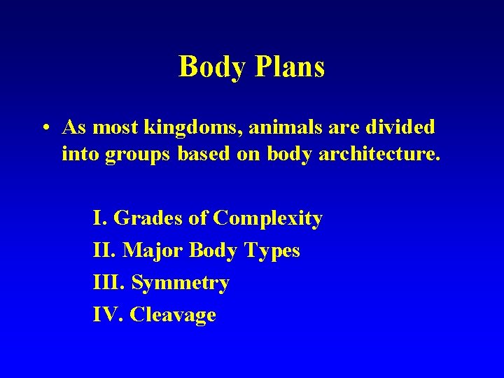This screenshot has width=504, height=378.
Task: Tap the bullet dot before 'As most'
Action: [x=44, y=128]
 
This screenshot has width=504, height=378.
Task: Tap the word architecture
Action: [x=379, y=154]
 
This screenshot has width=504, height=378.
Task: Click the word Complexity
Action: [x=267, y=218]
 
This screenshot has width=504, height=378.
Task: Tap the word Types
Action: [x=272, y=251]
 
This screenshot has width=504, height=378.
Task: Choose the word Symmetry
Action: [x=180, y=283]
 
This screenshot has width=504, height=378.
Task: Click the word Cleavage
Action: [x=173, y=315]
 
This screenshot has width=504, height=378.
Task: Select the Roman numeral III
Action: [x=108, y=283]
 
